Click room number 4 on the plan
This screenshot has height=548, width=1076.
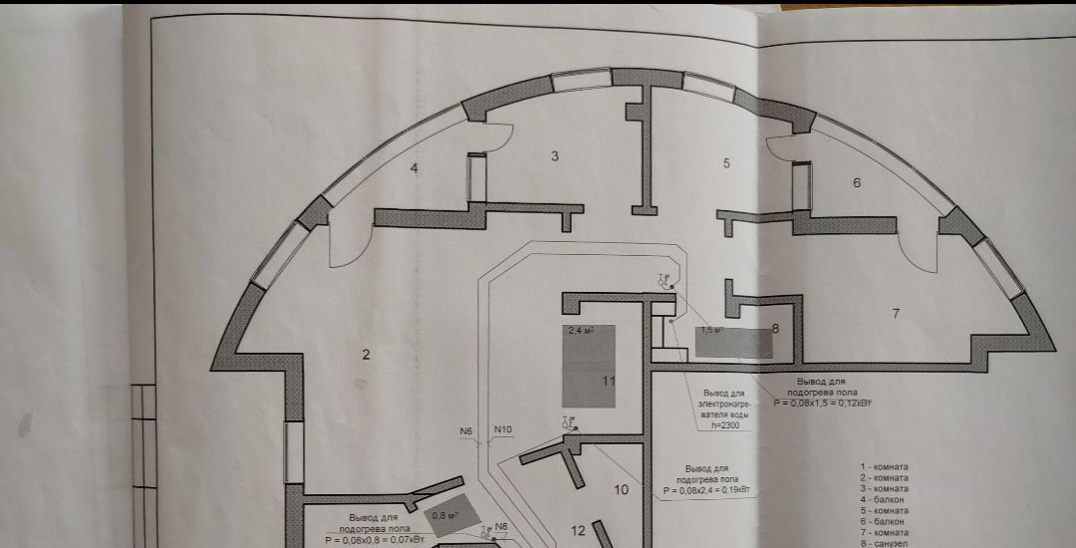(x=414, y=168)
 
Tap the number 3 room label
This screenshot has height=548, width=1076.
(x=555, y=154)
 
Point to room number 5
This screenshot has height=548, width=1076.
(x=727, y=162)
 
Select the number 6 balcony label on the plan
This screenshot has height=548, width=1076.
(x=856, y=182)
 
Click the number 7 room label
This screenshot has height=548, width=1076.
(x=896, y=314)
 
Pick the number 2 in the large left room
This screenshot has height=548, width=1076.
(x=366, y=355)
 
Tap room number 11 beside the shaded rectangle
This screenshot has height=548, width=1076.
(x=609, y=381)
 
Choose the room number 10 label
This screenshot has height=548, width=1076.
(x=622, y=489)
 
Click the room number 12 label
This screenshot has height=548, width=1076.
(x=579, y=529)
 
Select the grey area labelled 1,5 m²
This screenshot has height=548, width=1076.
(x=735, y=342)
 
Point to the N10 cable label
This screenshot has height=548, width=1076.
(x=503, y=430)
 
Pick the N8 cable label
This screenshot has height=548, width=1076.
(x=501, y=526)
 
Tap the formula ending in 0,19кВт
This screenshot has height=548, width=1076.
(x=708, y=491)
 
